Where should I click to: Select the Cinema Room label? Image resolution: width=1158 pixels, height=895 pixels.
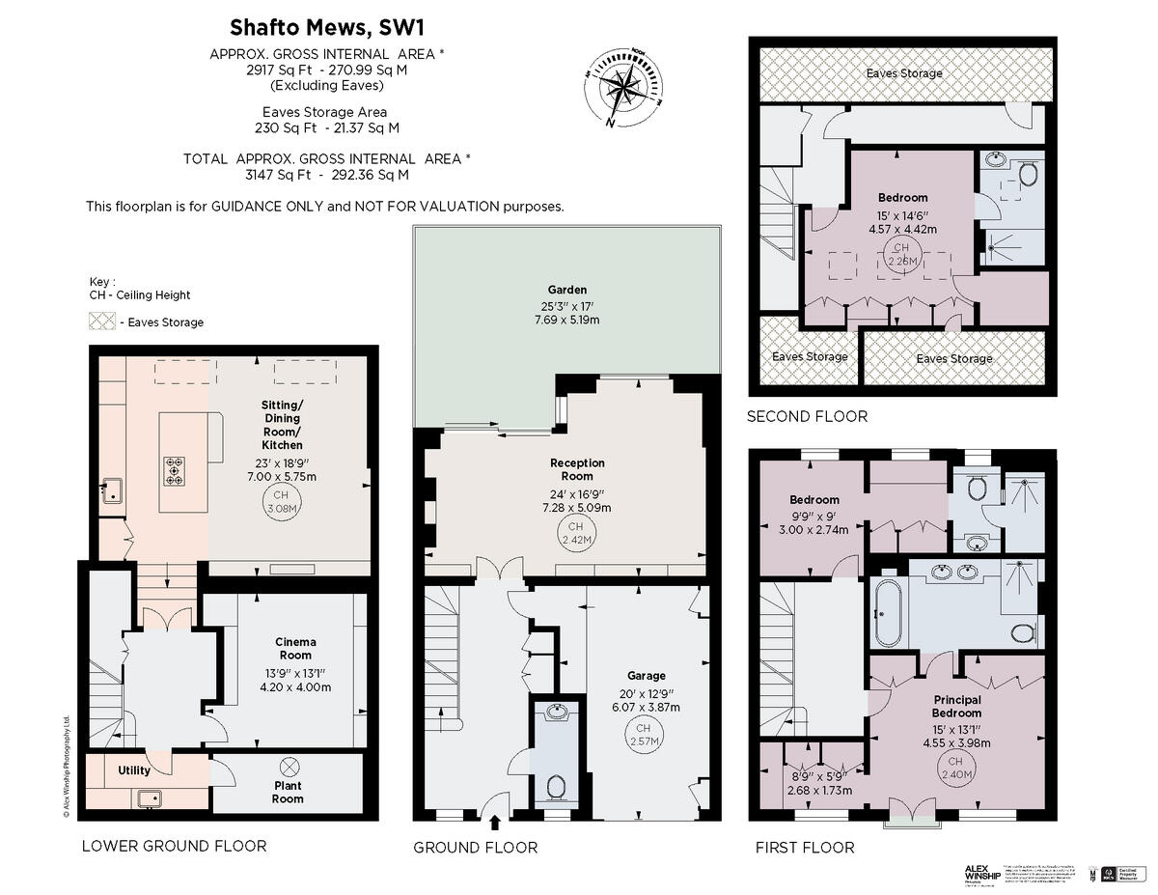[x=295, y=649]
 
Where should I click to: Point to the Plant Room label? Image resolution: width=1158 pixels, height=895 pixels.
[x=288, y=792]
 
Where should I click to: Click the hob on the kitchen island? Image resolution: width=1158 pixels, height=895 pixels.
[x=175, y=470]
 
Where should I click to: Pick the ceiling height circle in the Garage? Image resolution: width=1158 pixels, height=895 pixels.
[x=644, y=735]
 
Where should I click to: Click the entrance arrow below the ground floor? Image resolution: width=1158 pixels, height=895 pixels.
[x=496, y=823]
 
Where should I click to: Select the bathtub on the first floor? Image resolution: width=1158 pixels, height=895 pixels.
[x=887, y=613]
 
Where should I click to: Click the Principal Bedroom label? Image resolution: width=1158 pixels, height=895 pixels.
[x=956, y=707]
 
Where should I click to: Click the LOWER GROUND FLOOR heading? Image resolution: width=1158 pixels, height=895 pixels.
[x=174, y=846]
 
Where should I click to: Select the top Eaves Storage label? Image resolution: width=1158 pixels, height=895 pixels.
[x=903, y=73]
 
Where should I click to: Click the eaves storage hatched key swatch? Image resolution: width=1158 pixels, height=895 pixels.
[x=101, y=322]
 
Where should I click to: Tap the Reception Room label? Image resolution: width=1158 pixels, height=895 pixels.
[x=577, y=469]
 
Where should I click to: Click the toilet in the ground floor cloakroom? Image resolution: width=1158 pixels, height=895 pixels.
[x=557, y=786]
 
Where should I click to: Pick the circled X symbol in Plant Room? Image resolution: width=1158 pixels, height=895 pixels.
[x=288, y=768]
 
